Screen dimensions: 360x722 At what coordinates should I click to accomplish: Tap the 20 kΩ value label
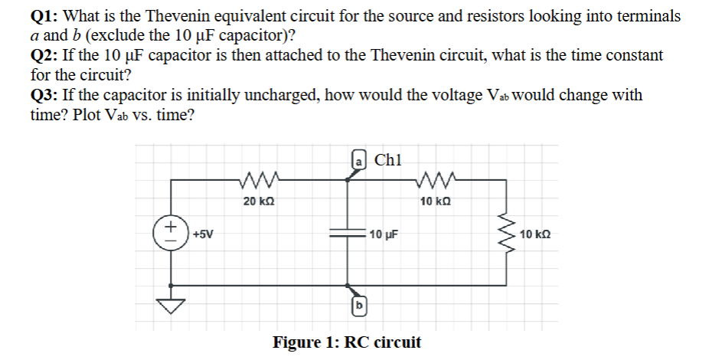click(259, 201)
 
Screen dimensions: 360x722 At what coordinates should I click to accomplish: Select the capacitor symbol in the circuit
click(350, 235)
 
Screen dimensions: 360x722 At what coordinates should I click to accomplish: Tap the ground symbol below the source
click(171, 306)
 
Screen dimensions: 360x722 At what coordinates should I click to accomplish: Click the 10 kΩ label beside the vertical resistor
click(535, 234)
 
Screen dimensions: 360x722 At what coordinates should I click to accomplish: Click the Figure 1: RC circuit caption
click(347, 342)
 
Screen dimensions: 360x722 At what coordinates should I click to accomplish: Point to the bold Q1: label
click(47, 16)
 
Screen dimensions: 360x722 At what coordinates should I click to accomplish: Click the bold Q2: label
click(47, 56)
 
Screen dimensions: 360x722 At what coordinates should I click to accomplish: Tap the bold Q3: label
click(47, 96)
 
